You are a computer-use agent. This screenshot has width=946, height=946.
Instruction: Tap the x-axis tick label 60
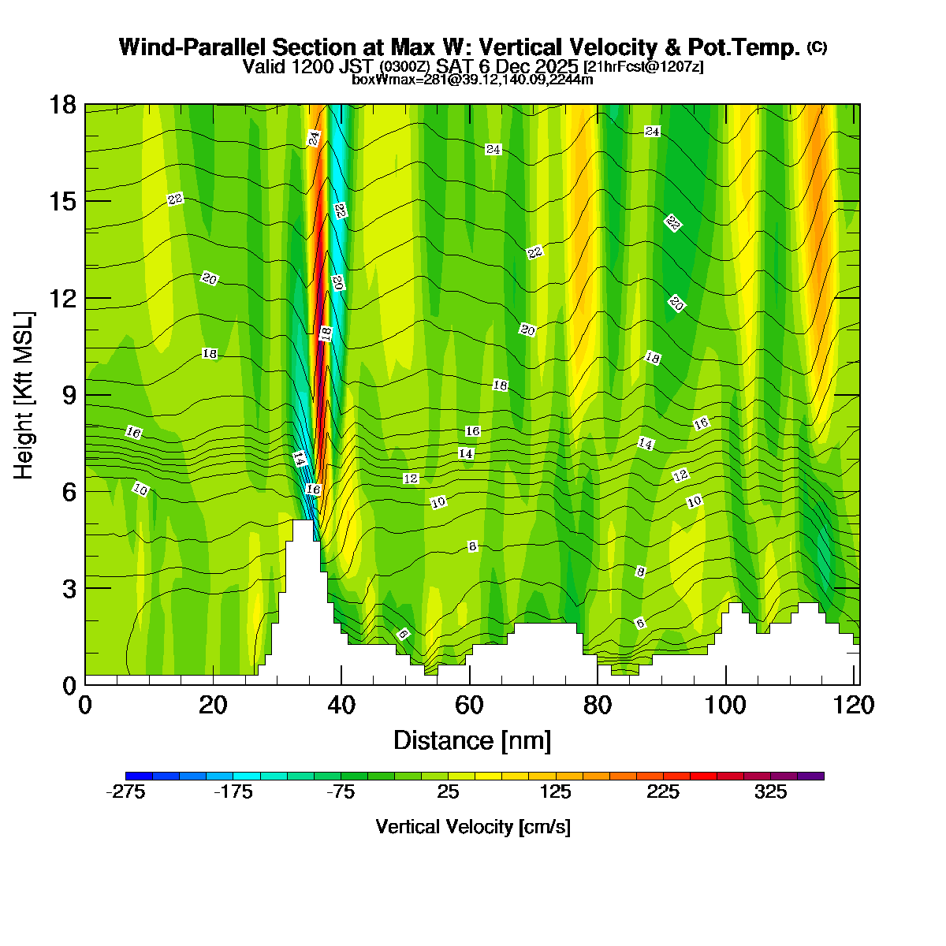470,705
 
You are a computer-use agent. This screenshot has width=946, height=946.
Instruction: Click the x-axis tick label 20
213,705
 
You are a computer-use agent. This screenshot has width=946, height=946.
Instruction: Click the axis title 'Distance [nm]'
472,741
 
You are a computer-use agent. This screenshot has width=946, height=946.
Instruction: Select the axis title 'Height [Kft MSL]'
24,395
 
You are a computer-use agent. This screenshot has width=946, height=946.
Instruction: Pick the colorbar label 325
770,792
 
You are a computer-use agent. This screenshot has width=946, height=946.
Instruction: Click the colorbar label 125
555,792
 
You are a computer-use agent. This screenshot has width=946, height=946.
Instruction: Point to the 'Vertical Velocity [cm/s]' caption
473,827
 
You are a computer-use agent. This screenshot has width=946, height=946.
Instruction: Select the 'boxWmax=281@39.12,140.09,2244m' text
472,79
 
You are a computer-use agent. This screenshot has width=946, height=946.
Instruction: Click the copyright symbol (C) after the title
817,47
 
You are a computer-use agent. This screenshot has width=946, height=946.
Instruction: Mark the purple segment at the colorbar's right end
810,776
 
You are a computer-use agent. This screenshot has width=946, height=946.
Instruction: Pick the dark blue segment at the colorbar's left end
139,776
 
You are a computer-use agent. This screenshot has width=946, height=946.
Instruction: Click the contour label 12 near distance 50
410,479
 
